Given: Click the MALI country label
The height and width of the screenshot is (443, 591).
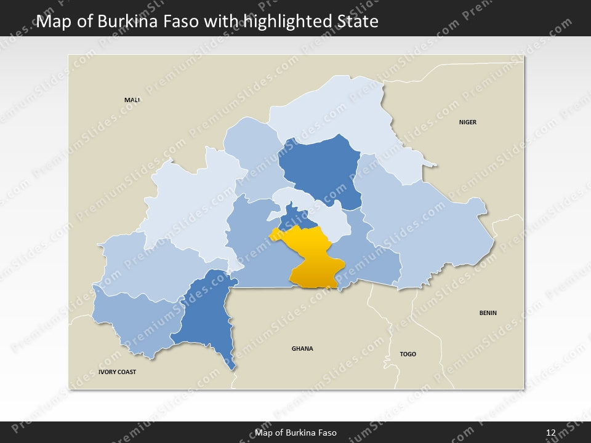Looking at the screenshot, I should [132, 100].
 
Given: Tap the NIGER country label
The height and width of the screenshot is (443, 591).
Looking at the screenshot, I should [467, 122].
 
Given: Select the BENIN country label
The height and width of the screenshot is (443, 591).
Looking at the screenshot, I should [488, 313].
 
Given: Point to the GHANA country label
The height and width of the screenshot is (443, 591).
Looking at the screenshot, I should [302, 348].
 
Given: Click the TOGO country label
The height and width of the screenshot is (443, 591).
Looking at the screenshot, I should [408, 354].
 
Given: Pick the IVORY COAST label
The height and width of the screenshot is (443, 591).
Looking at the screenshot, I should [117, 372].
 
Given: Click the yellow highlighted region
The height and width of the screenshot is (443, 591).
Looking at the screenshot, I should [312, 258].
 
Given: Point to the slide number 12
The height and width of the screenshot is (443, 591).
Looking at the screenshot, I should [550, 433].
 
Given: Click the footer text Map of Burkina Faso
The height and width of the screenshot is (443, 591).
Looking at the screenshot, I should [295, 433].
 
